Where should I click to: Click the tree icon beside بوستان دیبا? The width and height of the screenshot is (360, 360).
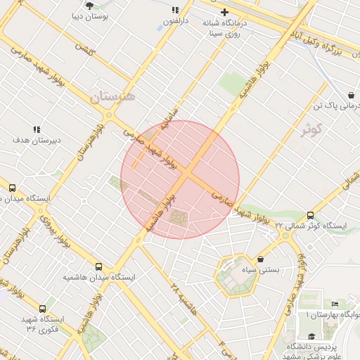89,5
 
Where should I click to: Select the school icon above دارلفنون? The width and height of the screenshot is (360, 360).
175,11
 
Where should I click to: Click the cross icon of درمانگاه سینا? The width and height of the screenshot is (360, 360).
224,12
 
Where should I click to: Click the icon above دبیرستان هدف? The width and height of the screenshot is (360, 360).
37,129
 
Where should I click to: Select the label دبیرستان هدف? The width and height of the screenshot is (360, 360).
37,140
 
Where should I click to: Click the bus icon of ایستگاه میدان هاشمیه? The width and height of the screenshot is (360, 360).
98,266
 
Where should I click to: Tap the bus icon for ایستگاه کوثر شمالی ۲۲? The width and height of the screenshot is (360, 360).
310,215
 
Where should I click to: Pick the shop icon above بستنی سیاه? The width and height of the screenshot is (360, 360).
261,259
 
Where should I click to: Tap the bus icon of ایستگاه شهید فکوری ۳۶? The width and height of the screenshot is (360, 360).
43,308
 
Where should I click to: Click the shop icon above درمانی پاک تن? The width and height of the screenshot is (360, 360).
351,95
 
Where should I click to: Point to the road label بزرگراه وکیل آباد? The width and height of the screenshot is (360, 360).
323,41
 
